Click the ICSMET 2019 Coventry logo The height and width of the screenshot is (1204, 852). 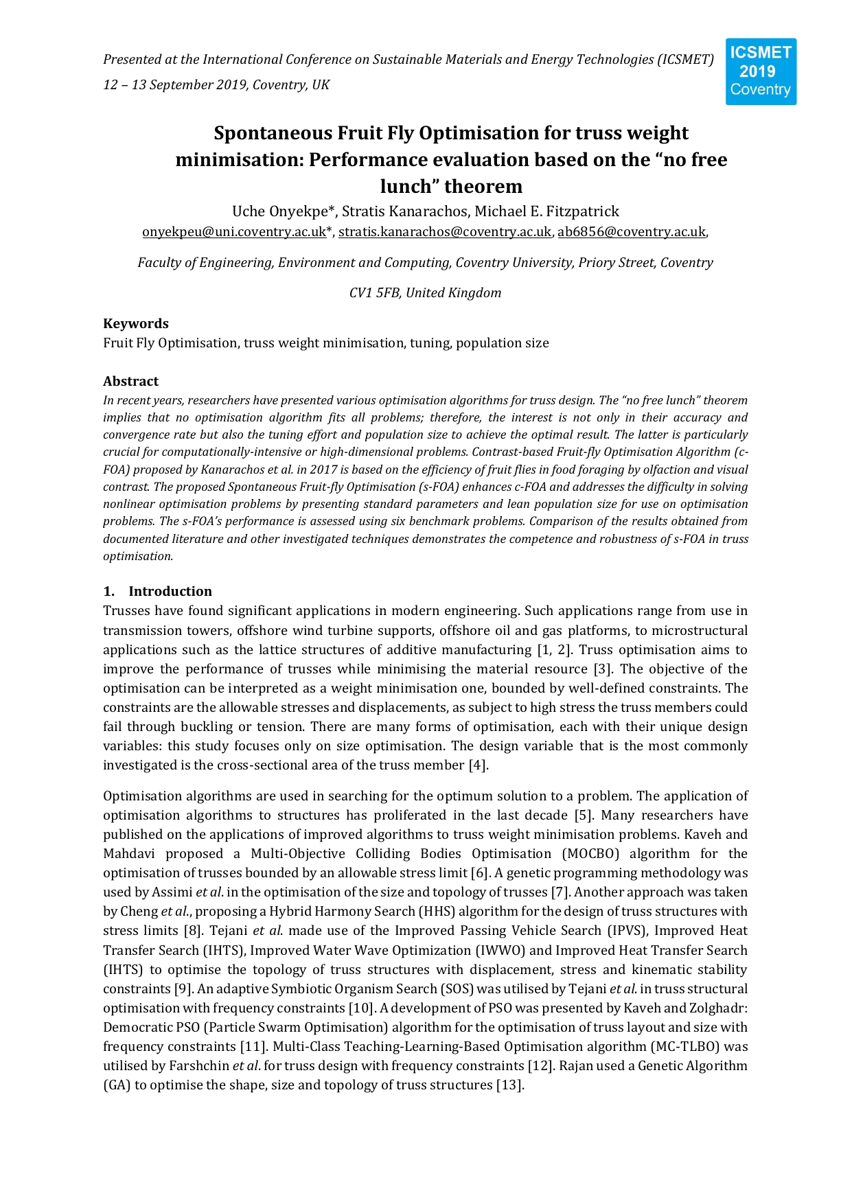761,71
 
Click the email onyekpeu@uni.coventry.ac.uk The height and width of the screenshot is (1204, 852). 234,232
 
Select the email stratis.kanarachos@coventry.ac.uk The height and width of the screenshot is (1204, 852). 445,232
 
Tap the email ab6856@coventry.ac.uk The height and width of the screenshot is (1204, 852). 632,232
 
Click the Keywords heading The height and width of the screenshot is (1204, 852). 136,323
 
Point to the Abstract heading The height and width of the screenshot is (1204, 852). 130,381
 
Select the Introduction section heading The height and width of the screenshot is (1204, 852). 170,591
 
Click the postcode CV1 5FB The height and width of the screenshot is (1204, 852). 376,293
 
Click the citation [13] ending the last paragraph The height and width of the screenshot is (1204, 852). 509,1085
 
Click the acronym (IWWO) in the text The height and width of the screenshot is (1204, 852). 500,951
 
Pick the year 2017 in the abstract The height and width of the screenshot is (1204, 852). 323,470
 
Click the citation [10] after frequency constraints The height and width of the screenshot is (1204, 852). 360,1008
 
